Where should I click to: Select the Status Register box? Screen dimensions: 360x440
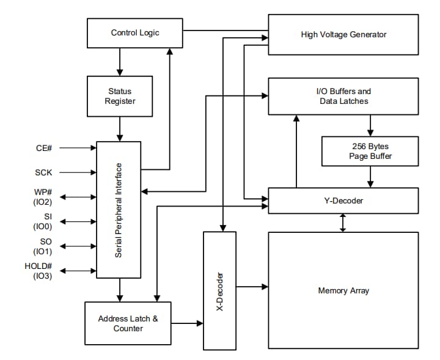pyautogui.click(x=120, y=96)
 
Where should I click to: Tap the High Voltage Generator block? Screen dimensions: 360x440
pyautogui.click(x=343, y=35)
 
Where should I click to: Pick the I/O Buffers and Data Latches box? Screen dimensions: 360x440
pyautogui.click(x=343, y=96)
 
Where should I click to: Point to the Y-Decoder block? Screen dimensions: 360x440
pyautogui.click(x=343, y=200)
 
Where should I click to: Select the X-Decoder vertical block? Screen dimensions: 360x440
pyautogui.click(x=219, y=291)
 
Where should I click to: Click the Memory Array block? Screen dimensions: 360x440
pyautogui.click(x=343, y=290)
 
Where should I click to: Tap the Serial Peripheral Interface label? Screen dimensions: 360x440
pyautogui.click(x=119, y=210)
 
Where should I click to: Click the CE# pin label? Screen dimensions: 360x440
pyautogui.click(x=45, y=148)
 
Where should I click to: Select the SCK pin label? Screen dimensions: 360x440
pyautogui.click(x=45, y=173)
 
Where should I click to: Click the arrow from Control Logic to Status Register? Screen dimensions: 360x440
pyautogui.click(x=120, y=62)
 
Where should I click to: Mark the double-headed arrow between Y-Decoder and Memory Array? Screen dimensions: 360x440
pyautogui.click(x=343, y=222)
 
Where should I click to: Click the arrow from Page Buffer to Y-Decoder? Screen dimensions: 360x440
pyautogui.click(x=370, y=177)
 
